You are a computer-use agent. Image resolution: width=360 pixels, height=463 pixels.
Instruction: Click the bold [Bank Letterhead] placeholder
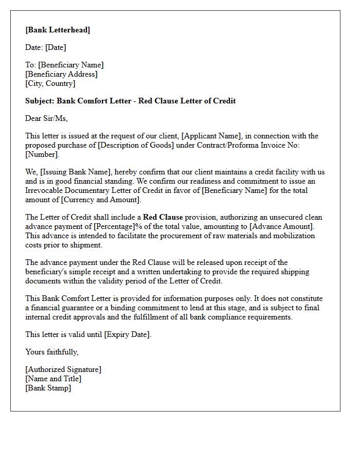(58, 30)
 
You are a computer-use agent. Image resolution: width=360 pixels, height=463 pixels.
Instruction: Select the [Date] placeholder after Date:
(56, 47)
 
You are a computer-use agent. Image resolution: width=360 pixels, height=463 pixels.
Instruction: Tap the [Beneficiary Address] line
(61, 74)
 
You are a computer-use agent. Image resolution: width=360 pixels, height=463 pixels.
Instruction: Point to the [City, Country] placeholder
(50, 83)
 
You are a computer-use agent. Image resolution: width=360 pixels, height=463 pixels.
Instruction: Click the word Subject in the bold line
(39, 101)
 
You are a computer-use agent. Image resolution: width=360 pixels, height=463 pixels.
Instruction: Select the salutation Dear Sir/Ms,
(46, 118)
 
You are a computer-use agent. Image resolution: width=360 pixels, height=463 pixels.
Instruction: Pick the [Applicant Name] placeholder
(211, 136)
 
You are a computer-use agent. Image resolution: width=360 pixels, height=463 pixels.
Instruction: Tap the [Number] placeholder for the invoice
(42, 154)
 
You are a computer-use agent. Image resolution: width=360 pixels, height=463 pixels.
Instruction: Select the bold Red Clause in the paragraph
(163, 217)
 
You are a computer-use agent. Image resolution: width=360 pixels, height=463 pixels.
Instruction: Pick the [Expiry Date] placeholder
(128, 334)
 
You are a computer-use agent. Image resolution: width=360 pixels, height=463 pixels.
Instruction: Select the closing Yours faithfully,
(52, 352)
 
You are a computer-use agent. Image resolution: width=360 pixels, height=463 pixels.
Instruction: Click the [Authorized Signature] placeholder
(63, 369)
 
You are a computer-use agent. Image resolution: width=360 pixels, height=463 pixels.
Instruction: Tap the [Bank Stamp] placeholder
(48, 388)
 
